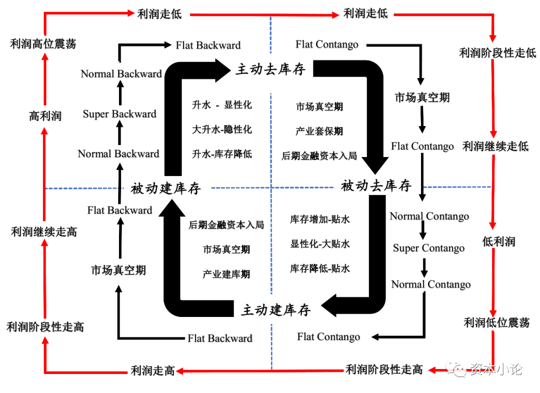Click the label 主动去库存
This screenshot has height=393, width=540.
click(270, 69)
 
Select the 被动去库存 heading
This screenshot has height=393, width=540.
click(375, 186)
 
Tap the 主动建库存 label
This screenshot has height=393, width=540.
click(276, 309)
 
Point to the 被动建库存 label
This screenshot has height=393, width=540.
click(165, 188)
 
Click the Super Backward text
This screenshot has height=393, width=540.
click(119, 114)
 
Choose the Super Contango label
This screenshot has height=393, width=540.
click(428, 248)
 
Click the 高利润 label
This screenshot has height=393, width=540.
click(45, 116)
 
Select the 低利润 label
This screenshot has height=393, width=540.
click(498, 241)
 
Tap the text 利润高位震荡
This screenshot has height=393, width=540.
click(43, 43)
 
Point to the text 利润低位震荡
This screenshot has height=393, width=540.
click(496, 322)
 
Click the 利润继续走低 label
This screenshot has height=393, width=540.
click(495, 146)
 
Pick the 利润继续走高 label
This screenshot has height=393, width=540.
click(44, 232)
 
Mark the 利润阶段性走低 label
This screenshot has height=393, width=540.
click(497, 52)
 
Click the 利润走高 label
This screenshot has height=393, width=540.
click(152, 370)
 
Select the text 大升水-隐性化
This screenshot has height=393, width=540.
click(222, 129)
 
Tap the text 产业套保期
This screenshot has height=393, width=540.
click(319, 131)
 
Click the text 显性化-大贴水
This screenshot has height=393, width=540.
click(320, 243)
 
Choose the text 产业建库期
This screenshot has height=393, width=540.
click(226, 274)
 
